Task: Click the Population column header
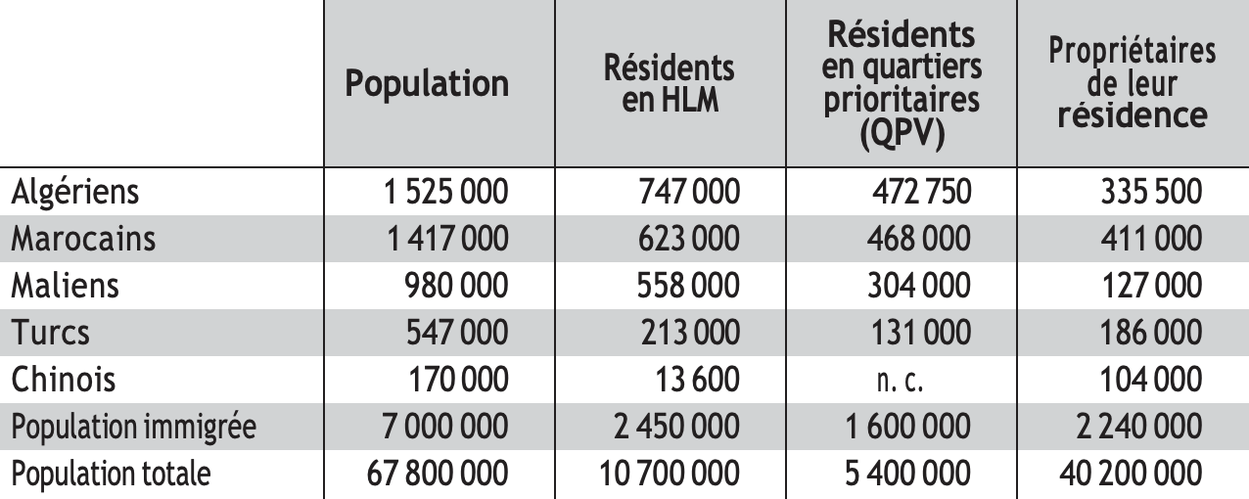pos(427,84)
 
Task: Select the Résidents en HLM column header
pos(670,83)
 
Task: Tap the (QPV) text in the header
pos(902,133)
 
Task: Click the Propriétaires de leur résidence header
pos(1132,83)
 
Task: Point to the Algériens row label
pos(74,192)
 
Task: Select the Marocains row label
pos(83,239)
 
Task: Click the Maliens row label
pos(65,286)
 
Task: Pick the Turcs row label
pos(50,333)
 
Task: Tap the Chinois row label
pos(63,379)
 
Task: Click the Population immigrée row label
pos(134,427)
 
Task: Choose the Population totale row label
pos(111,474)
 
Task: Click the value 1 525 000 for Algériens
pos(446,192)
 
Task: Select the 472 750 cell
pos(922,192)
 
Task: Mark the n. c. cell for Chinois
pos(900,381)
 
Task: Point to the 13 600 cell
pos(698,379)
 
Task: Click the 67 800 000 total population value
pos(438,474)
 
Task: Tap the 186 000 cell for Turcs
pos(1151,333)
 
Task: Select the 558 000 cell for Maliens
pos(689,286)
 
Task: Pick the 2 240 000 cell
pos(1138,427)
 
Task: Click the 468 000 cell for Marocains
pos(919,239)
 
